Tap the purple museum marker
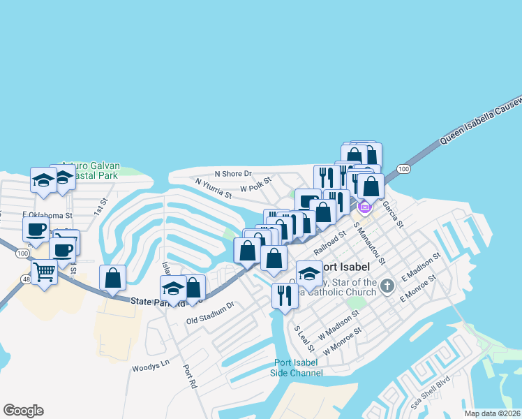(x=364, y=206)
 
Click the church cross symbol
(x=388, y=285)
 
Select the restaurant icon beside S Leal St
(x=285, y=295)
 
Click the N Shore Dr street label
(x=232, y=173)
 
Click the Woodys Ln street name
(x=151, y=365)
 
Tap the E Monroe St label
(x=418, y=288)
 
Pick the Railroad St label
(x=329, y=243)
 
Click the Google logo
(x=23, y=411)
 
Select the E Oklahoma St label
(x=47, y=215)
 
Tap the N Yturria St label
(x=213, y=188)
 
